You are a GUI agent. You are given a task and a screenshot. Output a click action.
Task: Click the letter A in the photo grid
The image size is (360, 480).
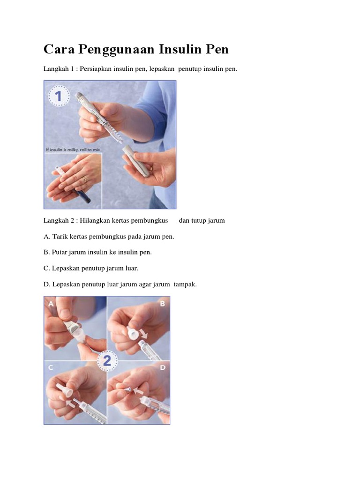click(x=50, y=304)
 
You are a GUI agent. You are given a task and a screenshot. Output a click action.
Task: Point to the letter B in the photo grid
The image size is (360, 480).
click(x=163, y=304)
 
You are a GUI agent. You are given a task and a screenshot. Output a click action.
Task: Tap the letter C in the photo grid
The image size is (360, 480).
click(x=50, y=367)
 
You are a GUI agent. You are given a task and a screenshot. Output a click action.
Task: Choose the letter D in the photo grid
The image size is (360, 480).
click(x=163, y=367)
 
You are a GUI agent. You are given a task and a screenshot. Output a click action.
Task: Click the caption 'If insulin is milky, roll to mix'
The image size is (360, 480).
click(x=73, y=150)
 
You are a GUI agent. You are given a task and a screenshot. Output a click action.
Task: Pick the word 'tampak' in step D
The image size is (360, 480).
click(x=184, y=284)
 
